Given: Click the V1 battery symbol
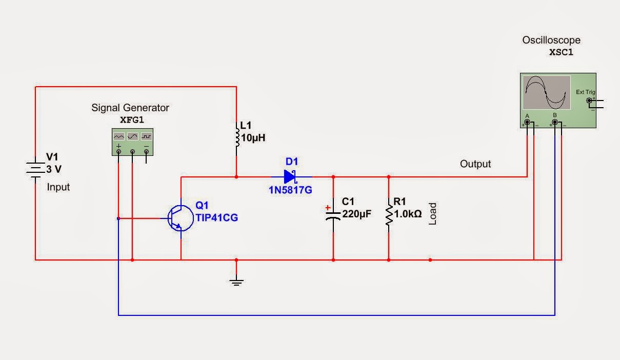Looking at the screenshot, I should tap(35, 169).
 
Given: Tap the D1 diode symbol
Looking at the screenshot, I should tap(290, 177).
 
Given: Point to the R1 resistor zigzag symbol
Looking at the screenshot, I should tap(388, 215).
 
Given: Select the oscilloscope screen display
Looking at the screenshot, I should tap(547, 92).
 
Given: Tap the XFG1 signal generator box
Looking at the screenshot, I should tap(132, 142).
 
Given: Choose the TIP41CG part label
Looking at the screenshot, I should tap(216, 217).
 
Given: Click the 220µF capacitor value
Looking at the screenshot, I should tap(356, 214).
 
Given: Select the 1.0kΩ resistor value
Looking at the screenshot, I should tap(408, 214).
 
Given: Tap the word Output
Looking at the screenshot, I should tap(475, 164).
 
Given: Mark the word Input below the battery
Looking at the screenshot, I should tap(58, 187).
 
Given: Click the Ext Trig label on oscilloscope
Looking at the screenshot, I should tap(586, 92).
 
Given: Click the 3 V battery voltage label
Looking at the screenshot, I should tap(54, 169).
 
